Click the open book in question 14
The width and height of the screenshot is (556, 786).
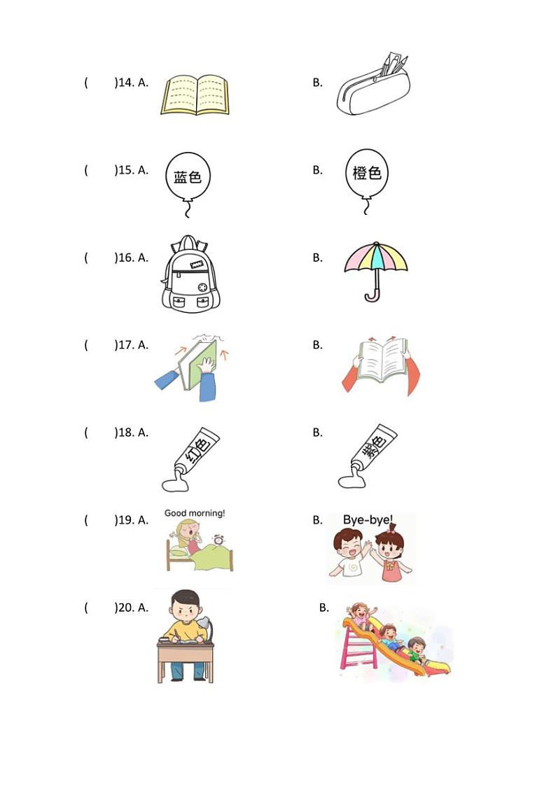click(195, 95)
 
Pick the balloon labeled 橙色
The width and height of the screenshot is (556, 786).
click(367, 174)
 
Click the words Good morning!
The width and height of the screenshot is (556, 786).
click(195, 513)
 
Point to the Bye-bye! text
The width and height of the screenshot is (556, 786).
click(368, 520)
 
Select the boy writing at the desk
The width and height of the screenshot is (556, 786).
click(185, 619)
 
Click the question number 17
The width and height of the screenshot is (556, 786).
click(125, 344)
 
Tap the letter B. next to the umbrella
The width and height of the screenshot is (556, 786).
click(317, 258)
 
